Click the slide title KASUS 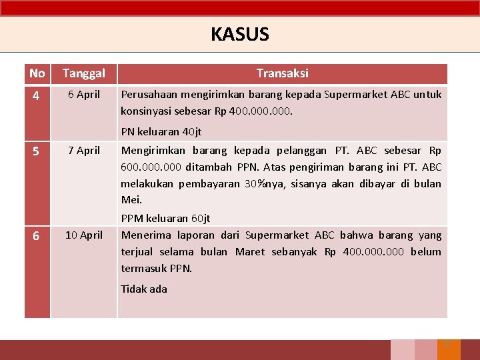pos(240,34)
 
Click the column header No pos(37,73)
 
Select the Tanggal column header pos(84,73)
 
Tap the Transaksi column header pos(282,73)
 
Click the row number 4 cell pos(37,96)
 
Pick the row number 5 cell pos(37,151)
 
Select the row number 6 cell pos(37,236)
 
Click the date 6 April pos(84,95)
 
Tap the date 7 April pos(84,150)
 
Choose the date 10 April pos(84,235)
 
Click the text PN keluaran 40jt pos(161,132)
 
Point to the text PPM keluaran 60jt pos(165,218)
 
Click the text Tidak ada pos(144,289)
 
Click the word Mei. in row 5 pos(131,199)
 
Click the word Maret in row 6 pos(249,251)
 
